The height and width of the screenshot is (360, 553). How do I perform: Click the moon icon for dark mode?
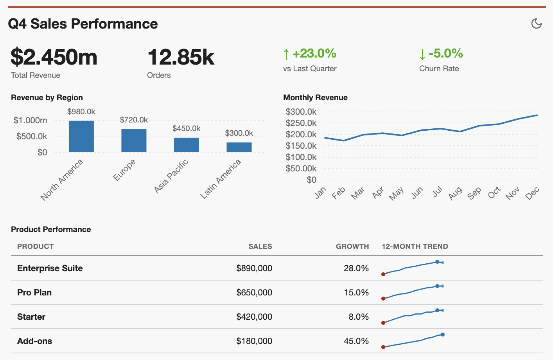pos(536,23)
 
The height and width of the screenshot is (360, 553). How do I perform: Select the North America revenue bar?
pos(81,136)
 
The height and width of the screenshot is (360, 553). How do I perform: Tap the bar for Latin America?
pos(239,147)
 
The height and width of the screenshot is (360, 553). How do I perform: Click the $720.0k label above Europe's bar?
pos(134,120)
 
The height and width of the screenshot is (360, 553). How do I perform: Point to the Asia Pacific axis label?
pos(171,176)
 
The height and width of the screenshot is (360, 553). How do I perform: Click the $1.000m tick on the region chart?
pos(30,121)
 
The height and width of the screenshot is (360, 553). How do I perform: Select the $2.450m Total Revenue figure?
pos(54,57)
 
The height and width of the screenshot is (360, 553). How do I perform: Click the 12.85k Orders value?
pos(181,57)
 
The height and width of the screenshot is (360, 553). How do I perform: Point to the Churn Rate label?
pos(439,68)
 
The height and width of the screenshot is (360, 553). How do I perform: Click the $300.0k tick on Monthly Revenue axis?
pos(301,112)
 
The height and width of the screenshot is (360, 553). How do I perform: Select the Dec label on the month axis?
pos(532,193)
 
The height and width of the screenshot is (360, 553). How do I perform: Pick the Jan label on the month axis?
pos(320,192)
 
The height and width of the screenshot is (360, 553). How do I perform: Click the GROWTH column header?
pos(352,247)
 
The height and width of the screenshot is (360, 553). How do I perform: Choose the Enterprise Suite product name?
pos(50,268)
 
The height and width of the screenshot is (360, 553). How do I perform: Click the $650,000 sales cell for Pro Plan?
pos(254,293)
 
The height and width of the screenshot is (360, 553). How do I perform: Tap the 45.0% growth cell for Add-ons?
pos(356,341)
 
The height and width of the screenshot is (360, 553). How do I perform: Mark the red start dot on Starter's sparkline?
pos(383,323)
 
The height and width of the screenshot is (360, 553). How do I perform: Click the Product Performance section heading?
pos(51,229)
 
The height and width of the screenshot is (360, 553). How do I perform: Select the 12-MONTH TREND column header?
pos(415,247)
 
